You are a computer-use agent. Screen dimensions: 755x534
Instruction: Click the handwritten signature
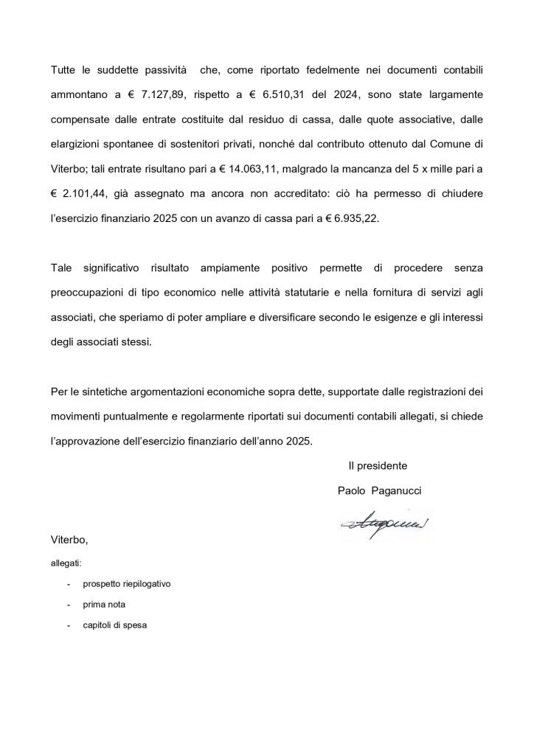pos(385,524)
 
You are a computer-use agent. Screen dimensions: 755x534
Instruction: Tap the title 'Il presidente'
pos(378,466)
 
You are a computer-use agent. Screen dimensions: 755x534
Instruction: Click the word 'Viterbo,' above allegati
pos(69,540)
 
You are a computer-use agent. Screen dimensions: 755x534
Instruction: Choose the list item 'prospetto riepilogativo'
pos(127,584)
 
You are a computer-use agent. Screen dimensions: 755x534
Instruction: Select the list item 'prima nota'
pos(104,605)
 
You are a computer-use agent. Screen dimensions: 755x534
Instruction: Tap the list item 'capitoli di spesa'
pos(115,626)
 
